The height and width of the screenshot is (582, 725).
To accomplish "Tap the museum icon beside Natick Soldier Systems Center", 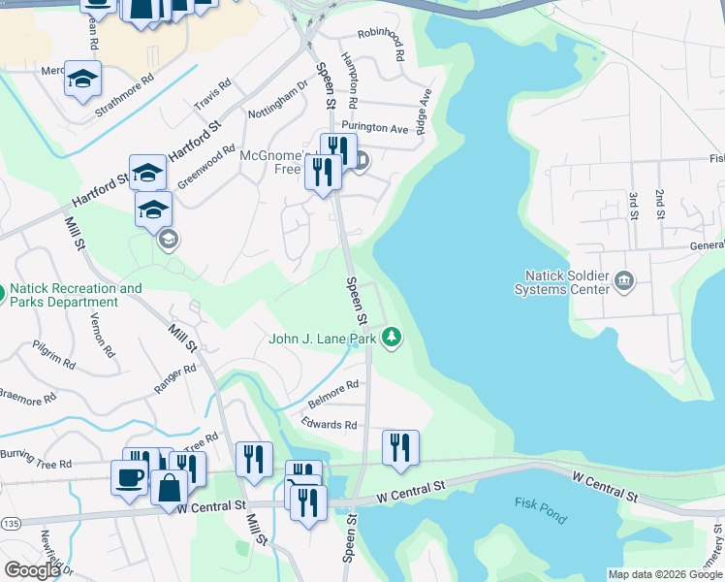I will pos(623,282).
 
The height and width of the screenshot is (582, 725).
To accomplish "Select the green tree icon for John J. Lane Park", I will pos(392,338).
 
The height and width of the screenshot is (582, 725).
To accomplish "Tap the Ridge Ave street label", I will pos(424,112).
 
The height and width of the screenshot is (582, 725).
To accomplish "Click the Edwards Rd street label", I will pos(329,425).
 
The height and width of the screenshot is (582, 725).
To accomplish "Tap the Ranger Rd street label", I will pos(174,379).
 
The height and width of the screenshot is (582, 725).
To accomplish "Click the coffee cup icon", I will pos(130,476).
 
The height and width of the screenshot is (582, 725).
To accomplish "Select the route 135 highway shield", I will pos(10,524).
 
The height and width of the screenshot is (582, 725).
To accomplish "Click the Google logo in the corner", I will pos(32,569).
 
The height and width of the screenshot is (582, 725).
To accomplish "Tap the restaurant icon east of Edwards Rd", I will pos(400,447).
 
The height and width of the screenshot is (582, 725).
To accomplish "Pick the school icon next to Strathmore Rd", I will pos(83,78).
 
